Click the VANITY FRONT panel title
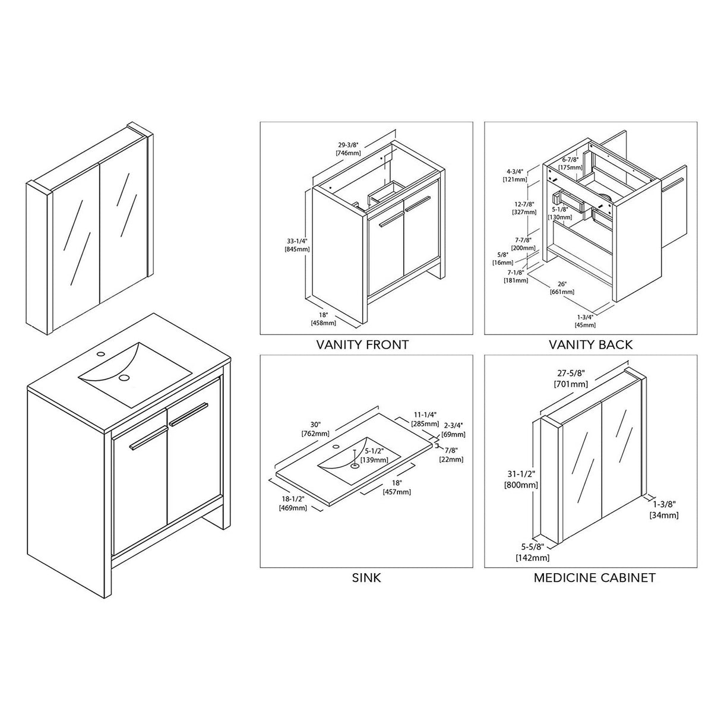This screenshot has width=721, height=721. coord(362,344)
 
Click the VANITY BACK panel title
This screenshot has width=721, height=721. coord(590,344)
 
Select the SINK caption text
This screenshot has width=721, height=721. coord(366,577)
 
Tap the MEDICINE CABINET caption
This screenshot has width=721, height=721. coord(594,577)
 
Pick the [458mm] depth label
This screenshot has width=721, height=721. coord(323,323)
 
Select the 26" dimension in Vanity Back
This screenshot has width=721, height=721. coord(562,283)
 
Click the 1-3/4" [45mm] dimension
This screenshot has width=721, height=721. coord(586,320)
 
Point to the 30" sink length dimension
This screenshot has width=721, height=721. coord(315,425)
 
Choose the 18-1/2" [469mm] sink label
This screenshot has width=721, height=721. coord(292,504)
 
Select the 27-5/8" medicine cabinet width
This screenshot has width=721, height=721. coord(570,374)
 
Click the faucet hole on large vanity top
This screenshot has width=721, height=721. coord(99,355)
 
